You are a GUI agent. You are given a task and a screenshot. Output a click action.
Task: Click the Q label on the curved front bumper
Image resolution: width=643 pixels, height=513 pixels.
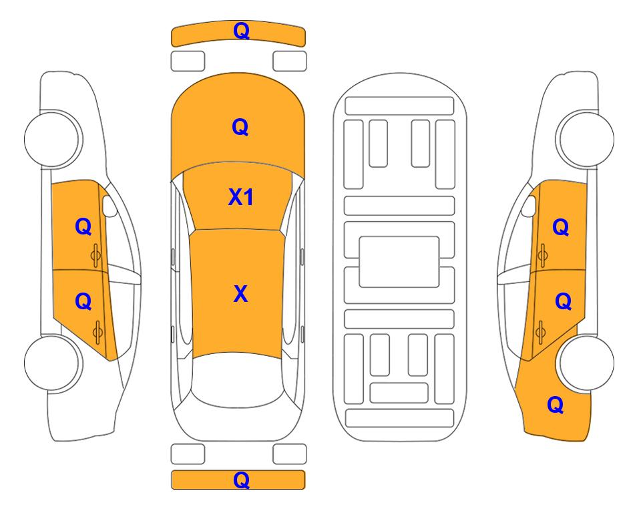click(241, 31)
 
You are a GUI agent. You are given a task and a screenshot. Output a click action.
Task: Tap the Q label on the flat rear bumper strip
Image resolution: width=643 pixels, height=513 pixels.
click(241, 480)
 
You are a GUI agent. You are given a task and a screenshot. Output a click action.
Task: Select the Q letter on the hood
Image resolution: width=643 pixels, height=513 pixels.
click(240, 127)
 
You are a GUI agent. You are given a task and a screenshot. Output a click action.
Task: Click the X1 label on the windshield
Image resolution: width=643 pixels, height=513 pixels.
click(241, 198)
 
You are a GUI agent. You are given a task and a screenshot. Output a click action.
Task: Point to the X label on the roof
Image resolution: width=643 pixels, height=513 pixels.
click(241, 294)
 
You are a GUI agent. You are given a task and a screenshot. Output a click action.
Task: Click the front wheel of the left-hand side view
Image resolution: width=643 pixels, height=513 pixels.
click(53, 138)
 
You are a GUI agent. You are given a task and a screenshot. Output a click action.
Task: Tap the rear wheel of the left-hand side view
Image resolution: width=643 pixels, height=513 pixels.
click(53, 363)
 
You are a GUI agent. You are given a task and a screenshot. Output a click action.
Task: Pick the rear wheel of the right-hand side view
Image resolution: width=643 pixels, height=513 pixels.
click(586, 363)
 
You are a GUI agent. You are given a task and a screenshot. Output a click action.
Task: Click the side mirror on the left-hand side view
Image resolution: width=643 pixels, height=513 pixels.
click(110, 206)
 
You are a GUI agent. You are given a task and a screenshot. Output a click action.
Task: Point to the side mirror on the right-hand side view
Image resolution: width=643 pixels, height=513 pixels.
click(529, 206)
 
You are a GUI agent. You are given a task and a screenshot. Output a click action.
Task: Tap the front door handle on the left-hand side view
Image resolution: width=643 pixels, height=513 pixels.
click(95, 255)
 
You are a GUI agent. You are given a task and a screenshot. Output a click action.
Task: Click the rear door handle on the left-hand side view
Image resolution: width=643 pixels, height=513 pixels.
click(97, 333)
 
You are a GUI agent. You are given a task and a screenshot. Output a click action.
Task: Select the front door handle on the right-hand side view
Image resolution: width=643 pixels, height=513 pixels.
click(543, 255)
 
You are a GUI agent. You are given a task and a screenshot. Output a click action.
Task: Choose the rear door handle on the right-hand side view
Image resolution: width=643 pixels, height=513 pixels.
click(540, 333)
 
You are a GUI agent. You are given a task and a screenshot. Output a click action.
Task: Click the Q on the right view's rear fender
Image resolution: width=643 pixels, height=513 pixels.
click(556, 405)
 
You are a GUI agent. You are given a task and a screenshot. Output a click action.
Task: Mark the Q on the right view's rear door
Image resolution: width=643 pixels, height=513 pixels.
click(564, 302)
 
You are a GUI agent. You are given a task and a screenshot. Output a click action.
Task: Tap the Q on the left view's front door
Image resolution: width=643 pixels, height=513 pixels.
click(83, 226)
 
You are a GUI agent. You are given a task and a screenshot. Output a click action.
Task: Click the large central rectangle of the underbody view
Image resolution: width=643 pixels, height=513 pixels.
click(399, 262)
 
